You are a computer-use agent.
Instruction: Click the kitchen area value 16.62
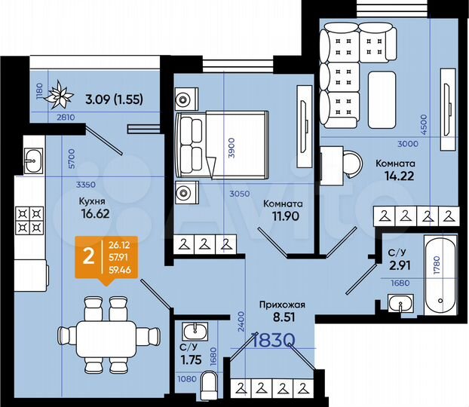point(96,213)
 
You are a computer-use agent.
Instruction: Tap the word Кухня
point(91,201)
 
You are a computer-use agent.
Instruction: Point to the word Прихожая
point(281,304)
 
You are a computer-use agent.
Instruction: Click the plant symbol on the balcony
point(59,96)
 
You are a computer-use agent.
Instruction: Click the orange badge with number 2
point(89,257)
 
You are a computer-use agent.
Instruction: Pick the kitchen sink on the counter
point(33,158)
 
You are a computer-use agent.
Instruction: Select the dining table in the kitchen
point(106,335)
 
